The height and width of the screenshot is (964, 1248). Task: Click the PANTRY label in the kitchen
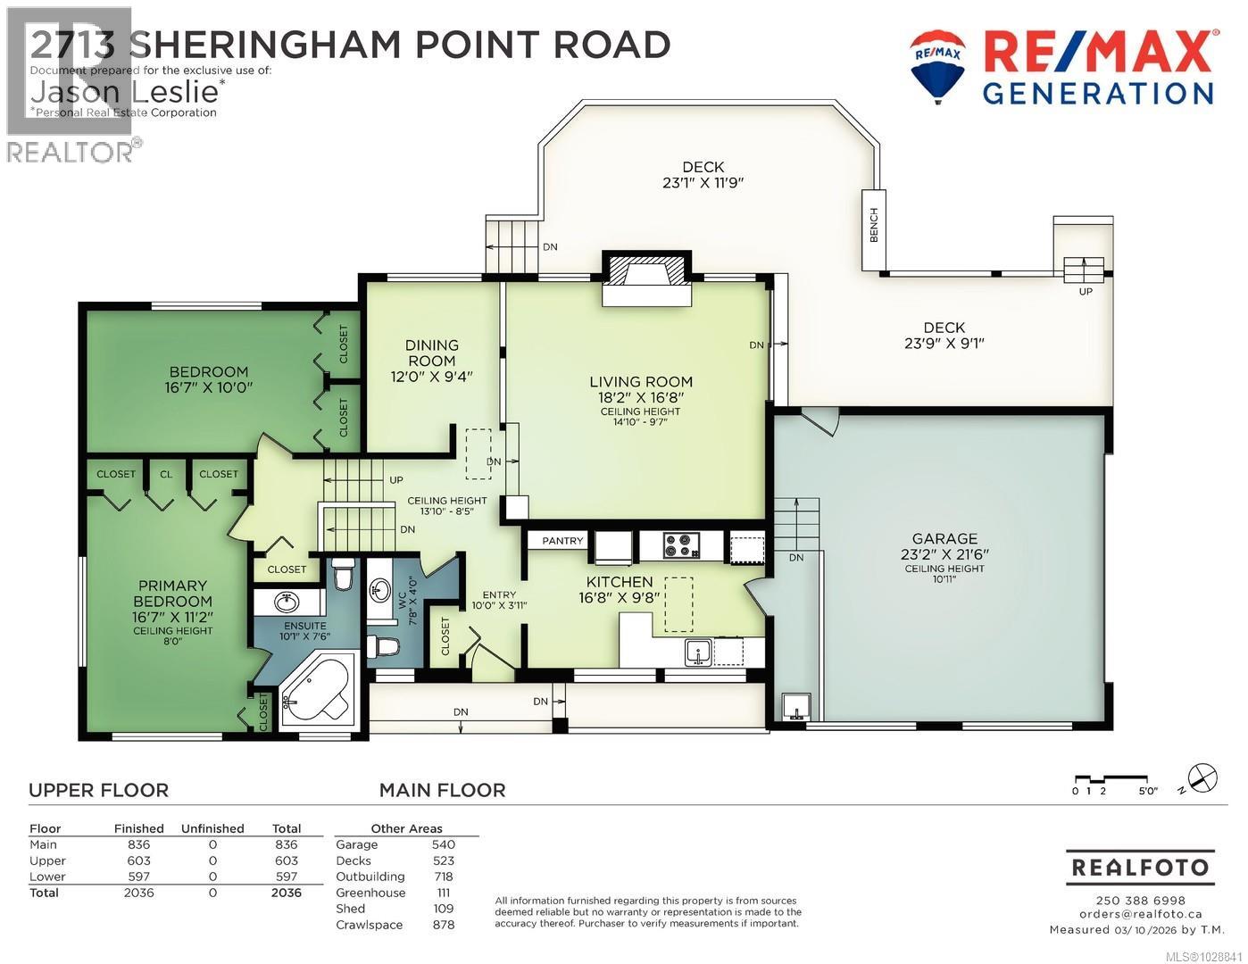point(562,541)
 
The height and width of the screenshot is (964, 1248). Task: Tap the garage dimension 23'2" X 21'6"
point(944,553)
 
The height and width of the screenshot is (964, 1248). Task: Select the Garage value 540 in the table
point(443,844)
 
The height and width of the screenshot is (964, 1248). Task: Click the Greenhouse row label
point(370,893)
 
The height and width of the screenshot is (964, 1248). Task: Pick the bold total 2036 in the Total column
point(286,893)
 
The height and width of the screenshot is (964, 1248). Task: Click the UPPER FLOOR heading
point(98,790)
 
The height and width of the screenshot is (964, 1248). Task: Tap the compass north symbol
point(1202,777)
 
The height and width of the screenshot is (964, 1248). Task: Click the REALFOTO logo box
point(1140,868)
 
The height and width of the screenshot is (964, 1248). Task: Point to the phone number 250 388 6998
point(1140,901)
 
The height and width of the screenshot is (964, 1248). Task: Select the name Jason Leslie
point(125,91)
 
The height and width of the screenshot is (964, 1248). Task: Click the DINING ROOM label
point(432,353)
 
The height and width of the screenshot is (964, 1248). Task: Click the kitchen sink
point(698,652)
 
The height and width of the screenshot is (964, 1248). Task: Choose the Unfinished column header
point(212,828)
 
